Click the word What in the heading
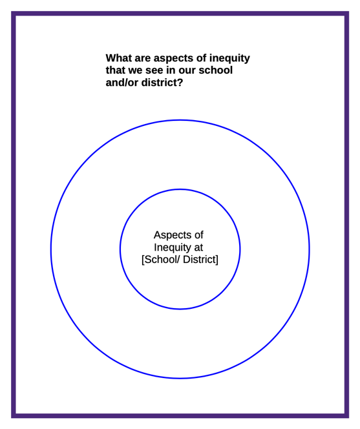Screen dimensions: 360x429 (119, 58)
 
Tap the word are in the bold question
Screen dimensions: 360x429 (143, 58)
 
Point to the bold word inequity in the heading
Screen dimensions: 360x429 (229, 59)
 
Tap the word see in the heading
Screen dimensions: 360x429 (154, 70)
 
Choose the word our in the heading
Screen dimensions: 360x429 (187, 70)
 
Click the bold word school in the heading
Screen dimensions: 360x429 (215, 70)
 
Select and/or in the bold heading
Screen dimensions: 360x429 (122, 82)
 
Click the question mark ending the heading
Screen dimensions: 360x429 (180, 82)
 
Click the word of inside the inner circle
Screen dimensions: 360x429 (199, 235)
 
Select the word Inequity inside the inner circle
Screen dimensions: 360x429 (173, 247)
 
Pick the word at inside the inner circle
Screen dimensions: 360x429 (198, 247)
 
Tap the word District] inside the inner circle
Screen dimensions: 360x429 (200, 260)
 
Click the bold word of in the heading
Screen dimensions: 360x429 (202, 58)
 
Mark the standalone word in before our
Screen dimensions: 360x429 (171, 70)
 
